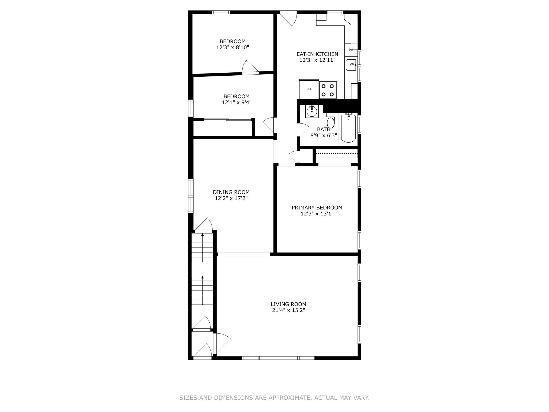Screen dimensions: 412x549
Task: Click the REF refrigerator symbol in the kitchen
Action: pyautogui.click(x=309, y=89)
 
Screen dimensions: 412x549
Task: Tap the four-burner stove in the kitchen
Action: pyautogui.click(x=328, y=90)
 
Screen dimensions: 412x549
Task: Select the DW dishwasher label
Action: pyautogui.click(x=351, y=50)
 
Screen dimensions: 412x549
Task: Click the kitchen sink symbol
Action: pyautogui.click(x=351, y=65)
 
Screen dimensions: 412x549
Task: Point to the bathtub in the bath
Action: pyautogui.click(x=348, y=129)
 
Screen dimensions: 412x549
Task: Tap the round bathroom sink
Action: pyautogui.click(x=312, y=111)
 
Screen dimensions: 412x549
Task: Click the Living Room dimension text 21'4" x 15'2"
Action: pyautogui.click(x=288, y=310)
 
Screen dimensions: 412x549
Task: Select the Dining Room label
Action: pyautogui.click(x=231, y=192)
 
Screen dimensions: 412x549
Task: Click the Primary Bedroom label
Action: pyautogui.click(x=317, y=208)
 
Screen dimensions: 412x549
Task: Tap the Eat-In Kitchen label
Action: pyautogui.click(x=317, y=54)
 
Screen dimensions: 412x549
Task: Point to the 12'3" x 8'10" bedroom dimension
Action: pyautogui.click(x=233, y=47)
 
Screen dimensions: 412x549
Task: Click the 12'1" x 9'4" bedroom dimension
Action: pyautogui.click(x=236, y=102)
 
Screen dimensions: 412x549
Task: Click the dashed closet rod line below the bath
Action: pyautogui.click(x=337, y=153)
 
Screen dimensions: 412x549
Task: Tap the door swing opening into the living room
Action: pyautogui.click(x=222, y=343)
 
